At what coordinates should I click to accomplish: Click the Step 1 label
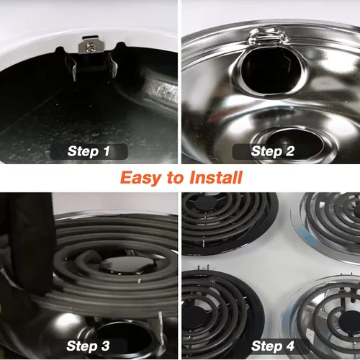coord(89,151)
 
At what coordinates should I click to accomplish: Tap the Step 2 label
coord(273,151)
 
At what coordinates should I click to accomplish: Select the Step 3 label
coord(88,346)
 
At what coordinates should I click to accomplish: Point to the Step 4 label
coord(273,346)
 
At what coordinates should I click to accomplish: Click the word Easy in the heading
coord(141,178)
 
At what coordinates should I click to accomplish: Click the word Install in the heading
coord(216,177)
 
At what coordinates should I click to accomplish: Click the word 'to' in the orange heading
coord(176,178)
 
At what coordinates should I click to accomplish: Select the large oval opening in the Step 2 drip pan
coord(269,71)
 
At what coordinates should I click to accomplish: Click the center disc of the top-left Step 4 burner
coord(206,203)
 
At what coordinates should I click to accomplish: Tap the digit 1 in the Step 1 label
coord(107,151)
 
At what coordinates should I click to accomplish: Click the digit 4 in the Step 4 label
coord(290,346)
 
